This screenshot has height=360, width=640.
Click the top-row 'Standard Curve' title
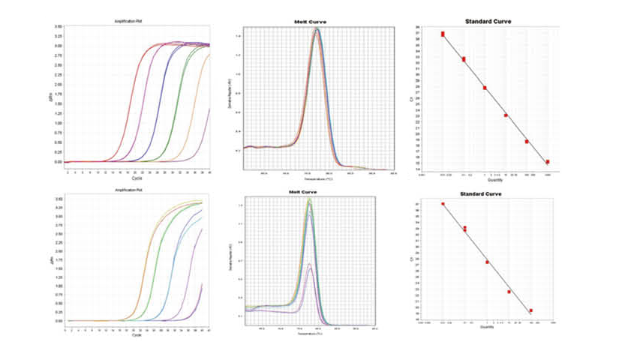[x=488, y=21]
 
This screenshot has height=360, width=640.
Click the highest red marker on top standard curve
[x=443, y=34]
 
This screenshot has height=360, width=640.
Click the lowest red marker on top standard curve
[x=548, y=161]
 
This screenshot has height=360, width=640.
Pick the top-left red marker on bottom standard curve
[x=443, y=203]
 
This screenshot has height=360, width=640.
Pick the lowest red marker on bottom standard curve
[x=530, y=310]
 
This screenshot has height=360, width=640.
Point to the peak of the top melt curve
[x=317, y=30]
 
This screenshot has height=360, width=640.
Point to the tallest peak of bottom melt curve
[x=308, y=199]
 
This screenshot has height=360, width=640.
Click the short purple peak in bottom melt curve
[x=309, y=264]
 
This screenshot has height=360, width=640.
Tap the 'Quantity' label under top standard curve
[x=494, y=179]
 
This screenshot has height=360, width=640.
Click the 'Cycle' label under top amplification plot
[x=137, y=178]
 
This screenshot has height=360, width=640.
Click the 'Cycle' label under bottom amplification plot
[x=137, y=334]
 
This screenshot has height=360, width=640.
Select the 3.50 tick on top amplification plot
[x=58, y=26]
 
